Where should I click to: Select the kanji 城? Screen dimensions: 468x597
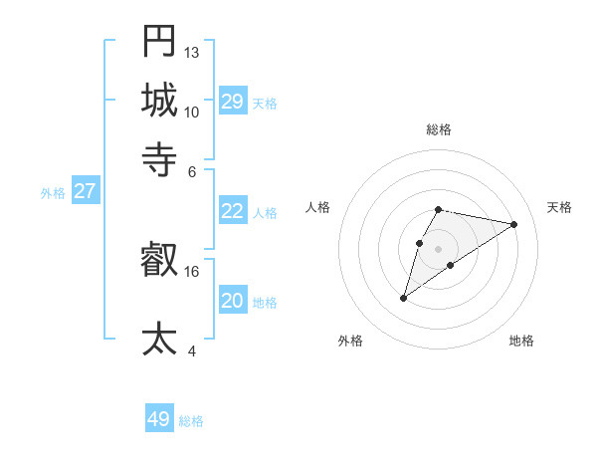coord(159,100)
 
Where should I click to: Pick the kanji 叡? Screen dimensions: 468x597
coord(159,262)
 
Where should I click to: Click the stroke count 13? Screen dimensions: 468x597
coord(192,52)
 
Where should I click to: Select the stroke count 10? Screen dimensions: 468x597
coord(192,112)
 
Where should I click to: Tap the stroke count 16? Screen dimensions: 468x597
coord(192,271)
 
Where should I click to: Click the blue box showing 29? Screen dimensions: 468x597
coord(232,101)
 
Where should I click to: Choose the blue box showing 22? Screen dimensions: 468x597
coord(232,211)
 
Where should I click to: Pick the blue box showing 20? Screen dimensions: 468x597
coord(232,301)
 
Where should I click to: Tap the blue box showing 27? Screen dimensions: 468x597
coord(85,191)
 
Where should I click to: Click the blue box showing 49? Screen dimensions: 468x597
coord(159,419)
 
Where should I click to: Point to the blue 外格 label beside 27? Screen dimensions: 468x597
coord(53,193)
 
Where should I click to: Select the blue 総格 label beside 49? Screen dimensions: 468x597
coord(191,421)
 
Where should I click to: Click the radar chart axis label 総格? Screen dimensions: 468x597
coord(439,130)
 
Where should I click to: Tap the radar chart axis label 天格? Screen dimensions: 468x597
coord(560,207)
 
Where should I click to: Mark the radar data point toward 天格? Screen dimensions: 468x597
coord(514,224)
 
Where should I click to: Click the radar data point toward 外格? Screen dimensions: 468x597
coord(404,297)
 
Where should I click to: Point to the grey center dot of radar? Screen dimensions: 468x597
coord(438,248)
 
